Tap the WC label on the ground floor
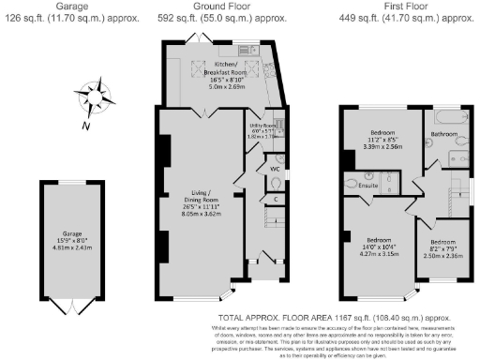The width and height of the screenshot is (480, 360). (x=275, y=169)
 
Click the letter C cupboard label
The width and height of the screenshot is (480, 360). (x=276, y=199)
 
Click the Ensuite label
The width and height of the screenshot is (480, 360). (x=367, y=186)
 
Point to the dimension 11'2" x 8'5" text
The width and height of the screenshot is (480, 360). (x=382, y=142)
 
